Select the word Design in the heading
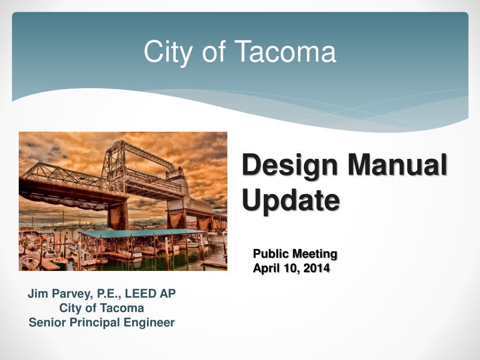point(290,165)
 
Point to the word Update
point(291,201)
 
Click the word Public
point(271,254)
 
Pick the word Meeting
point(315,254)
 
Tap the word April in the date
point(267,269)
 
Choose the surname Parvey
point(72,294)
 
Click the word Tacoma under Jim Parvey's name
point(122,308)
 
